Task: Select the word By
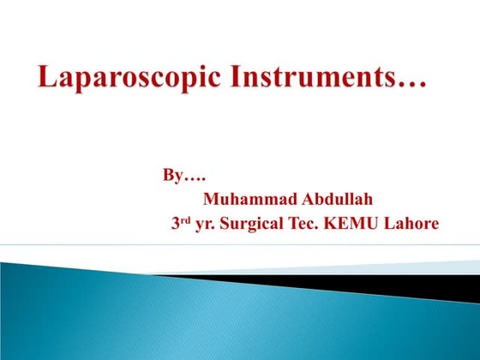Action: click(171, 177)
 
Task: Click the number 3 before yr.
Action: click(177, 225)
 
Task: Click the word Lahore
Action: click(411, 224)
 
